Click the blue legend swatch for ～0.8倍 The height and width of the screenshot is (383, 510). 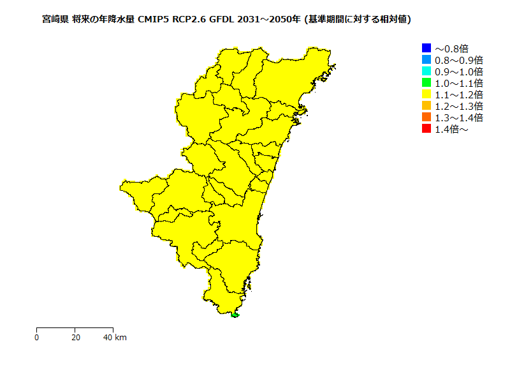click(426, 48)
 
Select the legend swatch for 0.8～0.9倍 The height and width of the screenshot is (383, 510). click(426, 59)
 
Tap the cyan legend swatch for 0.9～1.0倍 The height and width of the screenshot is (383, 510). click(426, 71)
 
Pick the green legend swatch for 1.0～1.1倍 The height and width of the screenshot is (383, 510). click(426, 82)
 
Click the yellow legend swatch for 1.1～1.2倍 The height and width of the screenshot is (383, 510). click(426, 94)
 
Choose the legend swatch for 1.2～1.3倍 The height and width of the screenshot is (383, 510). click(426, 105)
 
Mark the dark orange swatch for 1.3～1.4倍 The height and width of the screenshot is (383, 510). click(426, 117)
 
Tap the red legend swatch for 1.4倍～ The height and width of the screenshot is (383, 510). click(426, 128)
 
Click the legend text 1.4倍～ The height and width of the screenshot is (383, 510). click(451, 129)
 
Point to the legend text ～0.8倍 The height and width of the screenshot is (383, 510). click(451, 49)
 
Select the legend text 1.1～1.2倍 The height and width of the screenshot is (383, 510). click(458, 94)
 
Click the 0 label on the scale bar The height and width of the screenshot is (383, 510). click(37, 337)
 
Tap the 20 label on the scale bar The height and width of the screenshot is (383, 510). click(75, 337)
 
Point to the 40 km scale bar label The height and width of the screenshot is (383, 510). click(115, 337)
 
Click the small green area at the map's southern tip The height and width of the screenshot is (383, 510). click(235, 315)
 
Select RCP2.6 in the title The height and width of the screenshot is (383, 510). click(191, 20)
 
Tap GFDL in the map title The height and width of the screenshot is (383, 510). click(222, 20)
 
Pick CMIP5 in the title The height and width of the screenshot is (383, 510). click(154, 20)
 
